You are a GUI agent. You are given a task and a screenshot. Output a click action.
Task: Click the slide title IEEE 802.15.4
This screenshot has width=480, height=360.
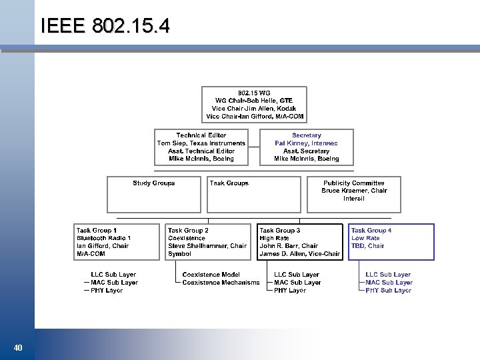[105, 26]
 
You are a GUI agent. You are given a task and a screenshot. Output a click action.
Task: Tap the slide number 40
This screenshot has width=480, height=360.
[18, 347]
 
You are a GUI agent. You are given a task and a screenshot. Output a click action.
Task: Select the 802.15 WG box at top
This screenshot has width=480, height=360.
[255, 105]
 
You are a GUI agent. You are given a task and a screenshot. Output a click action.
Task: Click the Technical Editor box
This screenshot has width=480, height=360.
[201, 147]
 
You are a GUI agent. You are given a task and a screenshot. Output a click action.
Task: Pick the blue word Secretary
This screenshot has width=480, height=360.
[306, 135]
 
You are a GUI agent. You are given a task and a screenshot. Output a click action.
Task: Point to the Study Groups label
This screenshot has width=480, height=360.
[153, 183]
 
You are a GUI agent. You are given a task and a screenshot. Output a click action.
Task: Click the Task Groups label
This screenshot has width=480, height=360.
[229, 183]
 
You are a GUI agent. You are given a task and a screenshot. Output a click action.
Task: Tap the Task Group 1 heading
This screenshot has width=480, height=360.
[97, 230]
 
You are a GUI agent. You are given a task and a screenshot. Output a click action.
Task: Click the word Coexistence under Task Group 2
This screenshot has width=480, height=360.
[187, 238]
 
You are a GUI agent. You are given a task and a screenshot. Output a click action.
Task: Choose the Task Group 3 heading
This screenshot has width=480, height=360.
[279, 230]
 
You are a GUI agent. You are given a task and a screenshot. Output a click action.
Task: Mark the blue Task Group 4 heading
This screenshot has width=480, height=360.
[371, 230]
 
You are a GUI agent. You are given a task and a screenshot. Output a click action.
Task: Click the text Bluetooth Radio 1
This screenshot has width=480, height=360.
[103, 238]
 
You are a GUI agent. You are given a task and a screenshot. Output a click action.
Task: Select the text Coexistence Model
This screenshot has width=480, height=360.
[211, 274]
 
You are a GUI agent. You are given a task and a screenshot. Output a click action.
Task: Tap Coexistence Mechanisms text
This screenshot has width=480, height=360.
[221, 283]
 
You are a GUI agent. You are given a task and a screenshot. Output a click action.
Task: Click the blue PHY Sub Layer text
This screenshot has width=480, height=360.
[388, 291]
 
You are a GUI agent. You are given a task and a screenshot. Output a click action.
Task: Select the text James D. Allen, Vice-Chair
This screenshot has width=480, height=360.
[299, 254]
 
